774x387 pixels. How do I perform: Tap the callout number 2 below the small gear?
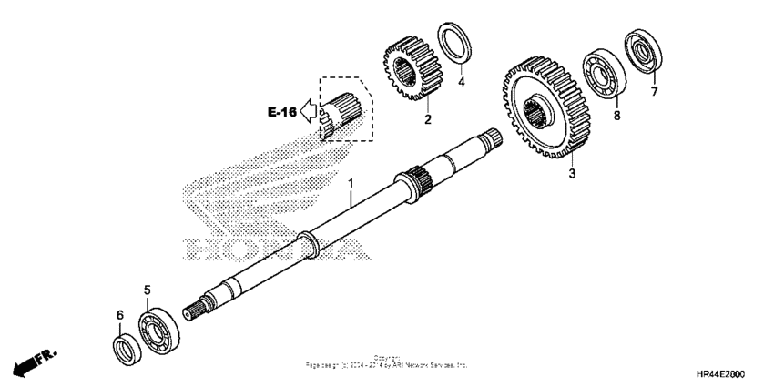(x=427, y=119)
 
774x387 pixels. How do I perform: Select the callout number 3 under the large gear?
(x=572, y=173)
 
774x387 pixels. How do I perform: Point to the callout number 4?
(x=461, y=82)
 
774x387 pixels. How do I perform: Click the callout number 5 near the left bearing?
(x=147, y=290)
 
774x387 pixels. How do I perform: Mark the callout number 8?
(x=616, y=116)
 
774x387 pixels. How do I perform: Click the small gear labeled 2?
(x=412, y=66)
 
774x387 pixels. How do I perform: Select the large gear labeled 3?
(x=544, y=110)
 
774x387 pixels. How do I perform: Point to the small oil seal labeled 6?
(x=125, y=347)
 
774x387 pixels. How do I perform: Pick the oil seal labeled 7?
(x=641, y=52)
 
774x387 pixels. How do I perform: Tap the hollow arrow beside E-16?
(x=309, y=112)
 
